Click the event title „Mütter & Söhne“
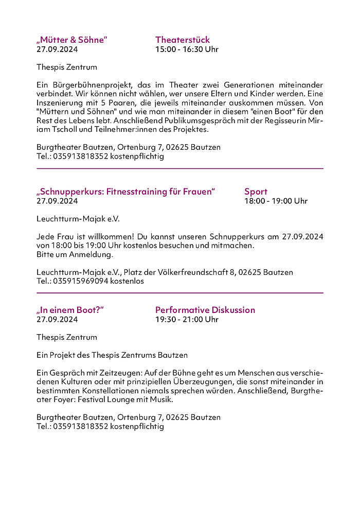(x=72, y=40)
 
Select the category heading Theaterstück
(x=183, y=40)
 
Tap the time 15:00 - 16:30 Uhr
(x=187, y=49)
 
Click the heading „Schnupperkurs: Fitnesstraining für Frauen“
(x=125, y=192)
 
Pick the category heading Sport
(x=256, y=192)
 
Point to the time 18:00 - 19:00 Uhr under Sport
(x=276, y=201)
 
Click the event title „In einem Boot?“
(x=70, y=310)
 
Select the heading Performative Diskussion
(x=205, y=310)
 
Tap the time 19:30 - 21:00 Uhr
(x=187, y=319)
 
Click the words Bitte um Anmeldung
(x=75, y=254)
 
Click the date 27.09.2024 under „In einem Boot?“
(x=57, y=319)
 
